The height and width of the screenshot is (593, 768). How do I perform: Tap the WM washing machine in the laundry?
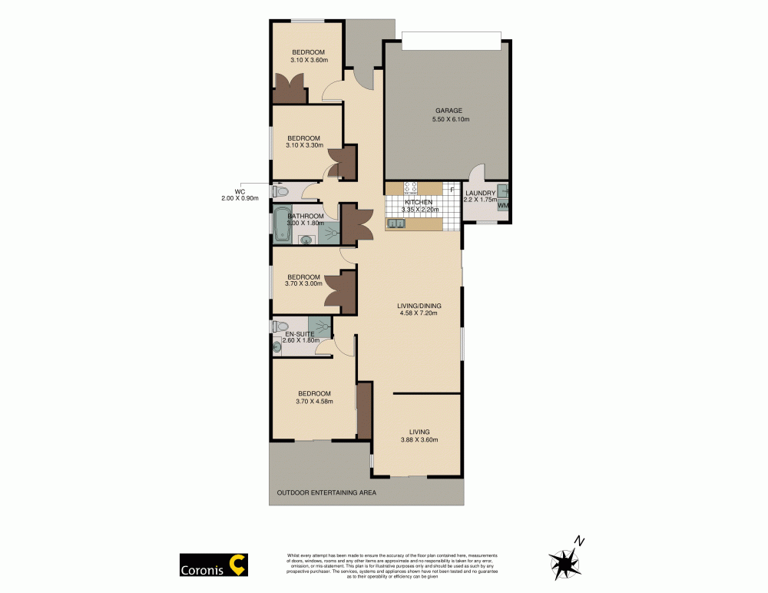(x=502, y=206)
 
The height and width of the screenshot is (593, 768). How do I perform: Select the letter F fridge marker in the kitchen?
(x=452, y=190)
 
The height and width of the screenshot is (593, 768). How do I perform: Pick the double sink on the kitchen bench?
(x=397, y=224)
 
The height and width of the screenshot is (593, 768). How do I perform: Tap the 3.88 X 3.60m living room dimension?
(x=419, y=440)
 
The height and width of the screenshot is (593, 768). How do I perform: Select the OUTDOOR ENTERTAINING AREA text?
(x=326, y=492)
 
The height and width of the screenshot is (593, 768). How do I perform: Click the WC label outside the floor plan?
(x=239, y=191)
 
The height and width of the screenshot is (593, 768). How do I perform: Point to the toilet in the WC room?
(x=279, y=191)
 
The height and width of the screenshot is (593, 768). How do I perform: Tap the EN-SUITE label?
(x=300, y=334)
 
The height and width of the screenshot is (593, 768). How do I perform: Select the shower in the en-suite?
(x=319, y=326)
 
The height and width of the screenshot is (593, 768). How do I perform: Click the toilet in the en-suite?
(x=279, y=326)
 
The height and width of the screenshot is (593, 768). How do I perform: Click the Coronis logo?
(x=213, y=565)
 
